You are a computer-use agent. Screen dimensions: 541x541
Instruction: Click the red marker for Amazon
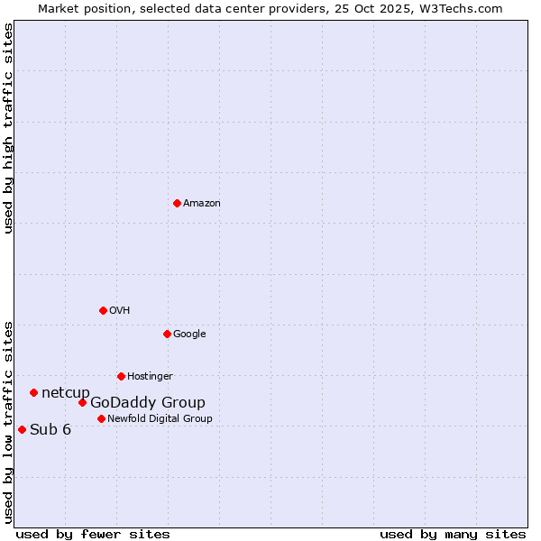(x=177, y=203)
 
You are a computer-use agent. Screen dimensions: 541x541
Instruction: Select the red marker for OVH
(x=103, y=310)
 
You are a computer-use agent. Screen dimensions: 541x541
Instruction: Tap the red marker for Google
(x=167, y=334)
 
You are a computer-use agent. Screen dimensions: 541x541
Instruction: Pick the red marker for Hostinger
(x=121, y=376)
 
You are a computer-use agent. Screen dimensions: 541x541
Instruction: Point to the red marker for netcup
(x=33, y=392)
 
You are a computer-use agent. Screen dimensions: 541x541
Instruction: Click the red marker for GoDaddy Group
(x=82, y=402)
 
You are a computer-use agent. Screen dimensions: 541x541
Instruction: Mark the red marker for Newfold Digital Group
(x=101, y=418)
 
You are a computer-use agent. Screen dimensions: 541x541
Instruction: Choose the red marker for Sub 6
(x=22, y=429)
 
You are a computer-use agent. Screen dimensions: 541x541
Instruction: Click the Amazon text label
(x=202, y=204)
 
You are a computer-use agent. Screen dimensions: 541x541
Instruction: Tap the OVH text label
(x=120, y=311)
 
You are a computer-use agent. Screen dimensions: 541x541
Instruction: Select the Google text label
(x=189, y=335)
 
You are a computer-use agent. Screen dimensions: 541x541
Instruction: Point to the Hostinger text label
(x=150, y=377)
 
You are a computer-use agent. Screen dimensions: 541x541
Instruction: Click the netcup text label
(x=66, y=393)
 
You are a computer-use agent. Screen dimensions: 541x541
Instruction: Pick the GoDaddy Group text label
(x=148, y=403)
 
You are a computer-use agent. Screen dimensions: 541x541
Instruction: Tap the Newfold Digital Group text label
(x=160, y=419)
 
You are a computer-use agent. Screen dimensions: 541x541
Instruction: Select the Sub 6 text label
(x=50, y=430)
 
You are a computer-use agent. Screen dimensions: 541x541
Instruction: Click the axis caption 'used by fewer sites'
(x=93, y=534)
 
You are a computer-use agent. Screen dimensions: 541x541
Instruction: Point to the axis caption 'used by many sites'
(x=453, y=534)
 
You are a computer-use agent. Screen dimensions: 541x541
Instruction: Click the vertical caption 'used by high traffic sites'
(x=9, y=128)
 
